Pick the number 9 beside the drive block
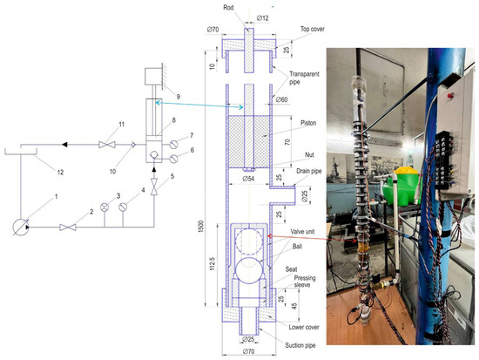[x=175, y=95]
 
